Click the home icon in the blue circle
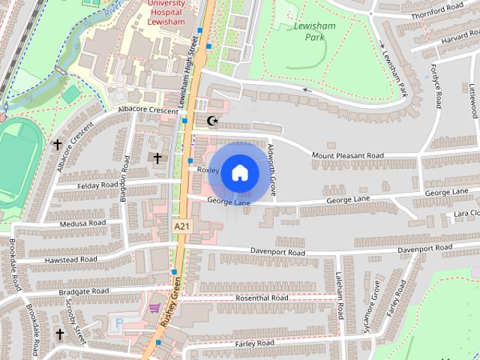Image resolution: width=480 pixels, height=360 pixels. click(x=239, y=172)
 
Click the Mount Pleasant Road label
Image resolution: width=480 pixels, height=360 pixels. click(x=347, y=156)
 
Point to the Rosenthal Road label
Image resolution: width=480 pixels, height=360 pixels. click(x=262, y=298)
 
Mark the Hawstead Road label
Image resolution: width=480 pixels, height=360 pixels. click(x=71, y=259)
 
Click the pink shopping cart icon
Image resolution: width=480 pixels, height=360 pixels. click(x=154, y=307)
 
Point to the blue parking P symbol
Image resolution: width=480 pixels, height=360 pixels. click(x=118, y=325)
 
